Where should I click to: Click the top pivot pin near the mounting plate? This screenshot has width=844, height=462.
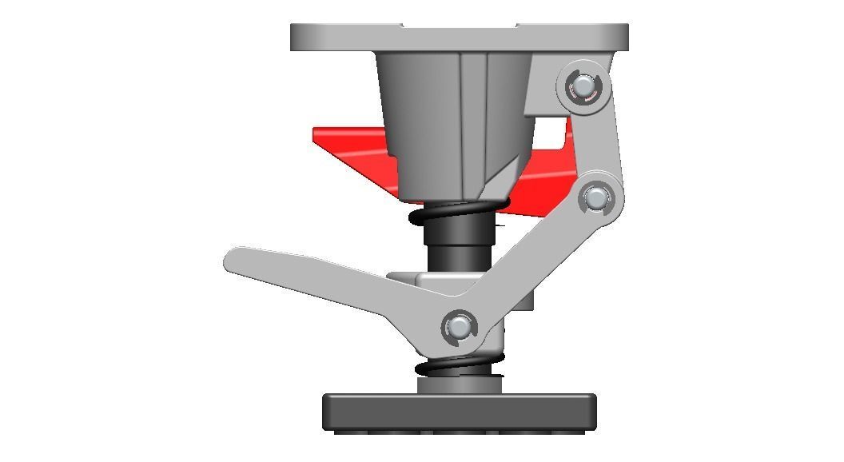583,86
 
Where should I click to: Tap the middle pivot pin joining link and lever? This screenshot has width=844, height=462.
595,197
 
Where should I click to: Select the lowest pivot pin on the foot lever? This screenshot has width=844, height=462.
459,326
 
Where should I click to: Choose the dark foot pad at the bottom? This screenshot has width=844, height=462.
460,412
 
